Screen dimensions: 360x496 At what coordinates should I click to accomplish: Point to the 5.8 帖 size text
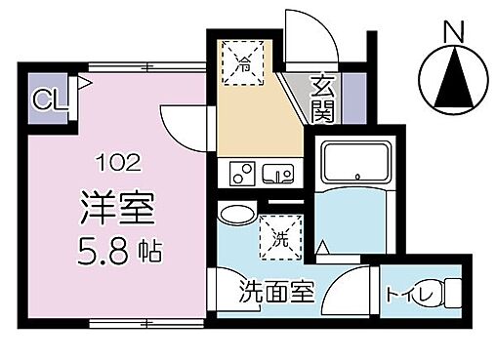pos(118,250)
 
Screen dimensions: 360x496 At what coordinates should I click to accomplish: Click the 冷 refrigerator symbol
pos(242,65)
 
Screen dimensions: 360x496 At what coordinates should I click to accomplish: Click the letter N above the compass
pos(452,31)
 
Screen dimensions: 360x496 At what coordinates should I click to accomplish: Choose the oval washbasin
pos(233,214)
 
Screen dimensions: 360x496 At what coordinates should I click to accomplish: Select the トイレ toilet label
pos(404,293)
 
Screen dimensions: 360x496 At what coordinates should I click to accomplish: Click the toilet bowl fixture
pos(450,294)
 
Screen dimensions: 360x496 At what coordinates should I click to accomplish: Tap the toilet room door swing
pos(351,293)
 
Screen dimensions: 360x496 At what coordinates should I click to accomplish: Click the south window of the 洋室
pos(118,323)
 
